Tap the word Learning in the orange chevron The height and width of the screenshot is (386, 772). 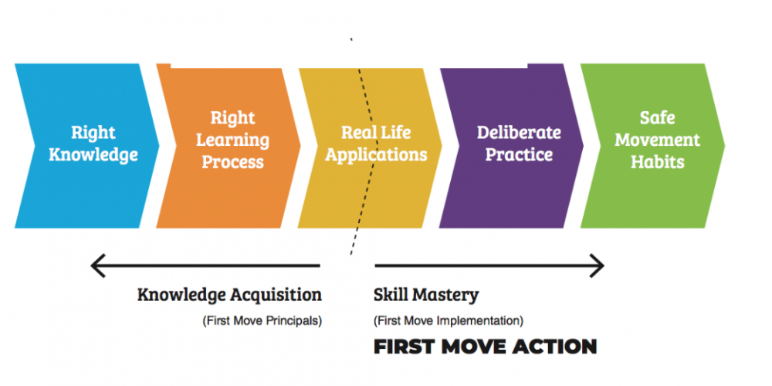point(232,141)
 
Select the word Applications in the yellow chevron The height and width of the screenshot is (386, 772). point(376,154)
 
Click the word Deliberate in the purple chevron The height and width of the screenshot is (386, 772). point(519,132)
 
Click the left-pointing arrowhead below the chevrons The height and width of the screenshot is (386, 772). point(98,266)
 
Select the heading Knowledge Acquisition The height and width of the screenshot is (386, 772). point(229,295)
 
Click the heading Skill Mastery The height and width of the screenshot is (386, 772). point(426,295)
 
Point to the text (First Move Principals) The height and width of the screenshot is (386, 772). point(262,320)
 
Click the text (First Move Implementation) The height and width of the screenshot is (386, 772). point(449,320)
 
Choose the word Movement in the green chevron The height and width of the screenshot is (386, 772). point(658,140)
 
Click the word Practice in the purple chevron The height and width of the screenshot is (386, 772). point(519,154)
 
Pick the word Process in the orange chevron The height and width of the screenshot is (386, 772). point(232,162)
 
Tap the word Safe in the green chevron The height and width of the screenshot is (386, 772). point(658,118)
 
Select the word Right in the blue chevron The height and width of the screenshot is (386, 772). point(93,132)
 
